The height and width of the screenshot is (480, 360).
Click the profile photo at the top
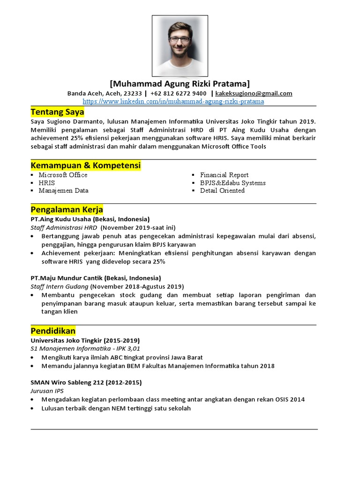point(180,46)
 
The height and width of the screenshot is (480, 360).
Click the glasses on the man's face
point(180,39)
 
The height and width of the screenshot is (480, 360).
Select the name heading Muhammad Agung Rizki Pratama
point(180,84)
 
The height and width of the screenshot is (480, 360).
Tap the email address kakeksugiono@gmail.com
point(254,93)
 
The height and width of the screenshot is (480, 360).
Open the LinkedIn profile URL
point(173,101)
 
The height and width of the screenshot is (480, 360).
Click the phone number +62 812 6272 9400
point(179,93)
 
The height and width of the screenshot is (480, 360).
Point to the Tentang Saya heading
point(57,112)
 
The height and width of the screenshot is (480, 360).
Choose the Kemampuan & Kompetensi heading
point(85,165)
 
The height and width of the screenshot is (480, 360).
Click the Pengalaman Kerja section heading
point(67,209)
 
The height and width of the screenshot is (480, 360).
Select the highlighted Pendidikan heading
point(53,330)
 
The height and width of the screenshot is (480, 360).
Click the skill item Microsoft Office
point(63,175)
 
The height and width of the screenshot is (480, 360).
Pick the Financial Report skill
point(224,175)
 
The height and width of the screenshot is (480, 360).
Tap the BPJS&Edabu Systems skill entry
point(232,183)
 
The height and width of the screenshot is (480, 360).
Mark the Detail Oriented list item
point(222,191)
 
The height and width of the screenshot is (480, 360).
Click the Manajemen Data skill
point(63,191)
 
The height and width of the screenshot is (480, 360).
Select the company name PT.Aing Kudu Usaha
point(61,219)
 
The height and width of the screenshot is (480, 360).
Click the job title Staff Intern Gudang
point(60,286)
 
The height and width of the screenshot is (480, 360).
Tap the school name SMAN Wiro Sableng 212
point(67,382)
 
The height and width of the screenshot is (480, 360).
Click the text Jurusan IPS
point(47,391)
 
